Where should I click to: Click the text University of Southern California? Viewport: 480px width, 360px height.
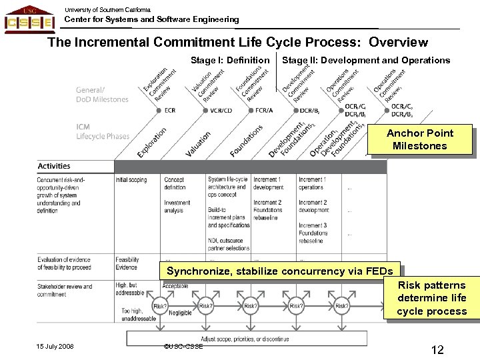(x=108, y=9)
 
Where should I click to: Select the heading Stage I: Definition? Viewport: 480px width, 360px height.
(x=230, y=61)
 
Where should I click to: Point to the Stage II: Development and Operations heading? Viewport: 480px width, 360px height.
(x=366, y=61)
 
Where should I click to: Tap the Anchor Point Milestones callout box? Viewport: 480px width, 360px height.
(x=419, y=139)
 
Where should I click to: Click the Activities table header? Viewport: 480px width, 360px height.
(x=55, y=166)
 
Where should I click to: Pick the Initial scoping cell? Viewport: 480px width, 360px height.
(x=131, y=180)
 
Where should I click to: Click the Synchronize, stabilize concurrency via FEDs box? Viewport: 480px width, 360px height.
(x=280, y=271)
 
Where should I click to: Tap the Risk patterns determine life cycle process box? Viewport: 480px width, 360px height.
(x=431, y=298)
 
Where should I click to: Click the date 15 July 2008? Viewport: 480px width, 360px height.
(x=55, y=347)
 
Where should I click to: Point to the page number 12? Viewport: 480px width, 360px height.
(x=437, y=349)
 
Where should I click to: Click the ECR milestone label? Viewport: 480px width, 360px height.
(x=169, y=111)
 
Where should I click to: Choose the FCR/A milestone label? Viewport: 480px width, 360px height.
(x=263, y=111)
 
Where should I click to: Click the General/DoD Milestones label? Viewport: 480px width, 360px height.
(x=102, y=95)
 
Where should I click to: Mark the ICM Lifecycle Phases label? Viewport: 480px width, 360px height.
(x=103, y=131)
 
